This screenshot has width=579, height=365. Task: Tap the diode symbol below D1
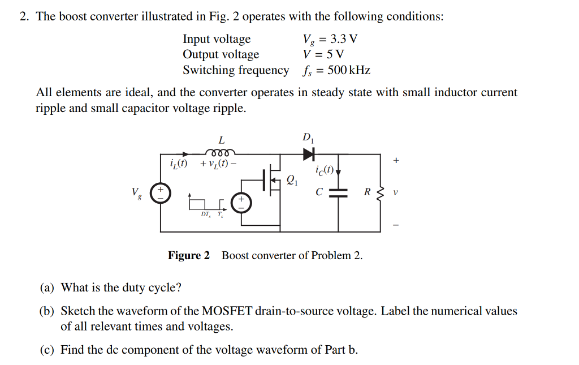308,153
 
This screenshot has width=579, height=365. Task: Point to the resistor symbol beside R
380,192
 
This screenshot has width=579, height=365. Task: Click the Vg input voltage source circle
160,192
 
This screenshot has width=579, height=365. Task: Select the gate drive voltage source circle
240,203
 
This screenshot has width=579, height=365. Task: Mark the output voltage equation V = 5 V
323,55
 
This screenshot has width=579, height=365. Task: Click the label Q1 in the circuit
292,181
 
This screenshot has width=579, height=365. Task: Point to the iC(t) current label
327,170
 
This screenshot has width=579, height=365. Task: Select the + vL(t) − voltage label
218,164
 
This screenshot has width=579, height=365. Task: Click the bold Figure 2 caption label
189,256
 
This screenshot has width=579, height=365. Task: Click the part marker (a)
47,287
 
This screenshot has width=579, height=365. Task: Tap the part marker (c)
47,350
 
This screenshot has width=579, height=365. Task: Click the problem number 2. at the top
24,16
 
